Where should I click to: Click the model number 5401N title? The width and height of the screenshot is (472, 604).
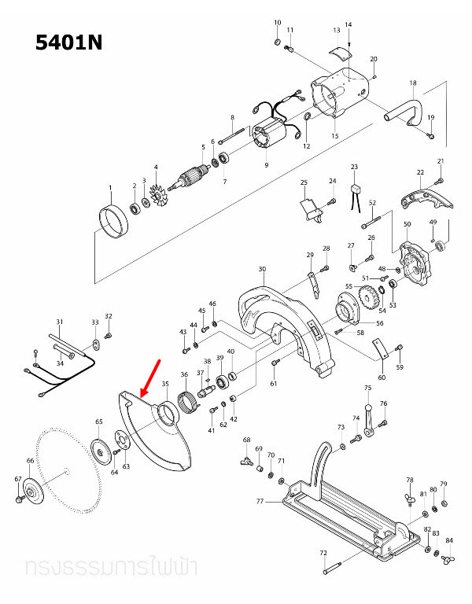click(69, 43)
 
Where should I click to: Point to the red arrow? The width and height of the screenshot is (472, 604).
click(150, 377)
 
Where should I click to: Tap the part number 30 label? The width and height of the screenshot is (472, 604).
click(261, 269)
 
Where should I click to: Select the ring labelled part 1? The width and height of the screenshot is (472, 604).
click(114, 221)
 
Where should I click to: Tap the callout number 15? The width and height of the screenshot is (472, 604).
click(334, 136)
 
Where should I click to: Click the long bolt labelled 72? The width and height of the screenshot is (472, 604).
click(334, 568)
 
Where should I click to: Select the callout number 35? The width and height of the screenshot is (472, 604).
click(165, 385)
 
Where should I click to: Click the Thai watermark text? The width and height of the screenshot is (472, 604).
click(111, 566)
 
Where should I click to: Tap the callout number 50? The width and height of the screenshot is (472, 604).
click(407, 225)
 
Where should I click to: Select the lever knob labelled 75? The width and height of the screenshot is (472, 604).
click(367, 400)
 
